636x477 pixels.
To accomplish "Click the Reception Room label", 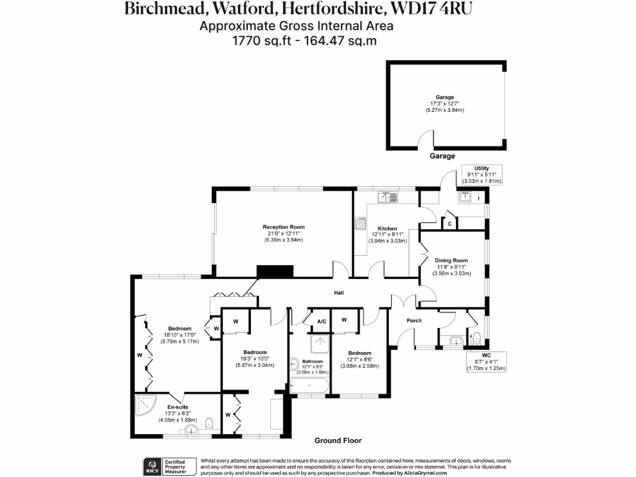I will [283, 227].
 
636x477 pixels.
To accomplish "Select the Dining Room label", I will [451, 260].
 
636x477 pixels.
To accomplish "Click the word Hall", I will [338, 293].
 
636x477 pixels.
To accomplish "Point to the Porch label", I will [414, 320].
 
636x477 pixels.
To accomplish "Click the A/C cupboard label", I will [322, 322].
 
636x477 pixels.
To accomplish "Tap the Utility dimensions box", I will [481, 175].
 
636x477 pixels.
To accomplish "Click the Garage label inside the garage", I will [444, 98].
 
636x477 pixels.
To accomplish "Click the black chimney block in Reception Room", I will [275, 271].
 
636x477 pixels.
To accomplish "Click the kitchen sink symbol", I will [389, 198].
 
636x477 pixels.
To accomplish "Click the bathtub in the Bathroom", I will [309, 387].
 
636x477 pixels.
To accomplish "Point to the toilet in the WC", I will [475, 338].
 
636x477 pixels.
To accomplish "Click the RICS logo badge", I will [151, 466].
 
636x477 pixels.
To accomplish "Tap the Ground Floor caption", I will [337, 440].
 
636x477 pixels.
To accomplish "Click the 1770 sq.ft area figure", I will [256, 41].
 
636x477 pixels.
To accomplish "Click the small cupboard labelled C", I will [448, 223].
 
